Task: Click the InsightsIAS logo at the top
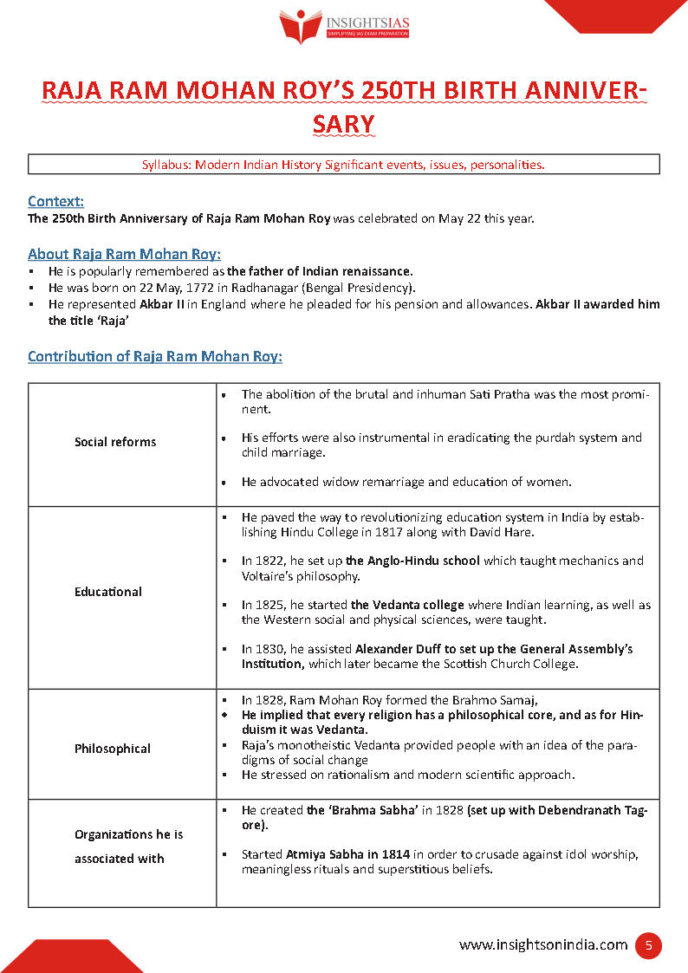click(344, 27)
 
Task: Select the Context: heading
click(55, 201)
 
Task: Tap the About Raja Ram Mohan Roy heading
click(124, 254)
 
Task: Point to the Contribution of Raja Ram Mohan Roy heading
click(154, 356)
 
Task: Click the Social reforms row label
click(115, 442)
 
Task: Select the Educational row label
click(108, 592)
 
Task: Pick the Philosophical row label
click(113, 749)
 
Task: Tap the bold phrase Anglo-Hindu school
click(412, 561)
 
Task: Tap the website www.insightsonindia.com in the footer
click(542, 945)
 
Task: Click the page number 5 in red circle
click(648, 945)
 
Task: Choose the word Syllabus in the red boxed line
click(166, 164)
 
